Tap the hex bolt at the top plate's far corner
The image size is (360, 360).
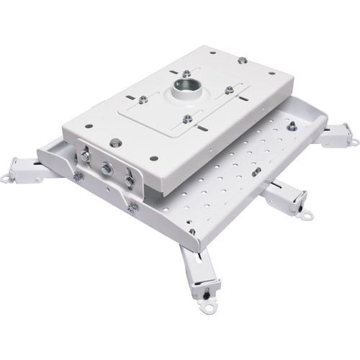[242, 60]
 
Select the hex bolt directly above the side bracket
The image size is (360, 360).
[116, 143]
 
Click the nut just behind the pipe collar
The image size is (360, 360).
[186, 73]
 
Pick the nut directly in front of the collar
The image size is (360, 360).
[187, 119]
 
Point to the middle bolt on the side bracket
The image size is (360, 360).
[107, 168]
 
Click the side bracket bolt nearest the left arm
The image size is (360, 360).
[86, 154]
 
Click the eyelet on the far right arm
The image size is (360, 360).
[351, 138]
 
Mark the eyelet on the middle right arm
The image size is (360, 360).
[307, 214]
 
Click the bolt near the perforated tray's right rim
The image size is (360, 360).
[292, 126]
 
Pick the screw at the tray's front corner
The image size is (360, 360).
[192, 232]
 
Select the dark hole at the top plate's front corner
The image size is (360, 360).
[153, 156]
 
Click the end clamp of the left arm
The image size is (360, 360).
[29, 171]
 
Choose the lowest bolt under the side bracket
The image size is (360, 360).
[132, 209]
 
